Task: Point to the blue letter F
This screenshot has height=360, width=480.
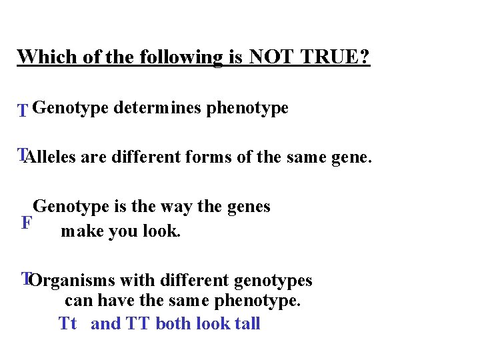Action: [x=26, y=223]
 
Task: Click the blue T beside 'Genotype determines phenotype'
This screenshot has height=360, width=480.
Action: [x=23, y=110]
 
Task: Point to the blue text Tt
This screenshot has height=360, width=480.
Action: [x=67, y=324]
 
